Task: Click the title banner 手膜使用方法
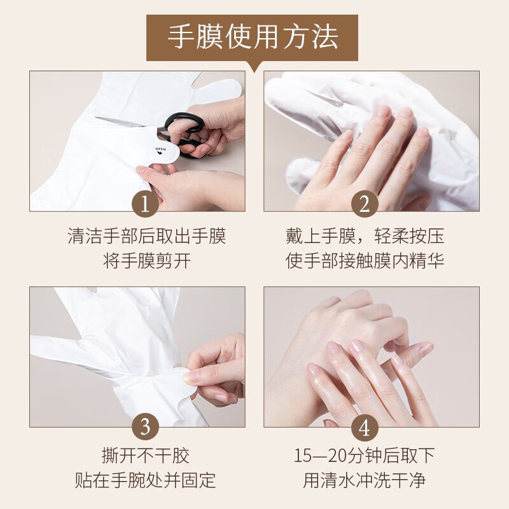[252, 38]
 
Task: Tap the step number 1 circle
[145, 204]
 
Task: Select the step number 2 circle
[365, 204]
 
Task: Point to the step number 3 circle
[145, 426]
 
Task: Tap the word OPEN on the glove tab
[161, 150]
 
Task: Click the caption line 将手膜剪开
[147, 261]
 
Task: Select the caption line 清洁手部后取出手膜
[147, 236]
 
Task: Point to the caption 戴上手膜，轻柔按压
[365, 236]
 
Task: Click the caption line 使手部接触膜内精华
[365, 261]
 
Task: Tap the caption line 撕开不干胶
[145, 456]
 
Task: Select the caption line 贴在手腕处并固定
[145, 480]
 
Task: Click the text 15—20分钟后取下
[364, 456]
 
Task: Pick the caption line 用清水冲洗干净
[364, 480]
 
